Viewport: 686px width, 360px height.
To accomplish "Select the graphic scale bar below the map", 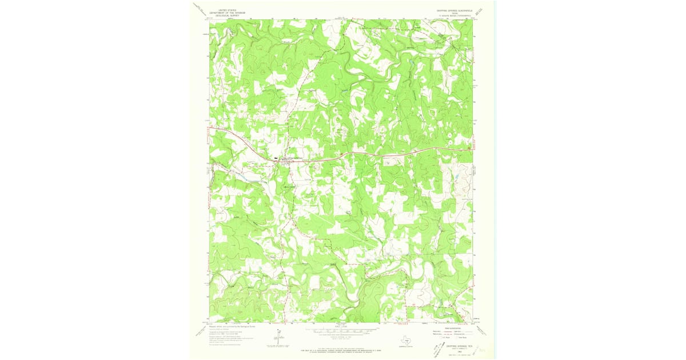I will coord(342,330).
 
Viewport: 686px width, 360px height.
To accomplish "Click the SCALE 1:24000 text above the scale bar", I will coord(342,326).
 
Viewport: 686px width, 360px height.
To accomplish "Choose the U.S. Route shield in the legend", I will coord(433,338).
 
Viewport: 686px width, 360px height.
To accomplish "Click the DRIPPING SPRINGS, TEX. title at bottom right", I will coord(454,346).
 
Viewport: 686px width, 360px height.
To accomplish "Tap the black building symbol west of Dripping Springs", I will coord(276,158).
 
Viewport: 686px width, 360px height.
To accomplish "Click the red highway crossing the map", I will coord(372,153).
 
